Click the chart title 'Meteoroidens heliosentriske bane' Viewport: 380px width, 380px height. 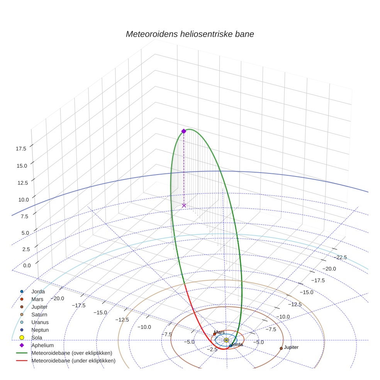190,34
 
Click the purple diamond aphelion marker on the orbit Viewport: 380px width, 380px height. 184,131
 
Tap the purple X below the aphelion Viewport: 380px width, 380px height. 184,205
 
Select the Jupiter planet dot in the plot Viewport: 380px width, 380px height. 281,348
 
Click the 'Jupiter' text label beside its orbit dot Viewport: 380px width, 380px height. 291,348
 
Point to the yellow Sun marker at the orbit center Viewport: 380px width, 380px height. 226,340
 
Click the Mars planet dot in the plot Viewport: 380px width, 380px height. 215,334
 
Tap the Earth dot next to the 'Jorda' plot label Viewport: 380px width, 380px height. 231,346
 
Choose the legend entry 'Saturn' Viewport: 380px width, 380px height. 39,315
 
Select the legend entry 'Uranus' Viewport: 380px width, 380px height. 40,322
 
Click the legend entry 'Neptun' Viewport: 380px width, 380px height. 40,330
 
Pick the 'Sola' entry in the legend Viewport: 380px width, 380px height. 37,338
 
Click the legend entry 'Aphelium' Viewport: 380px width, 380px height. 42,345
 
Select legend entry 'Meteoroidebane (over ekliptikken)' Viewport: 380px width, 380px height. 71,353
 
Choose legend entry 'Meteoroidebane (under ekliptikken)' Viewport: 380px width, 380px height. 73,361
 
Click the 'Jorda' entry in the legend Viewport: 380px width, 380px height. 38,292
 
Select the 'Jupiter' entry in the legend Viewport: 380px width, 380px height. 39,307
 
